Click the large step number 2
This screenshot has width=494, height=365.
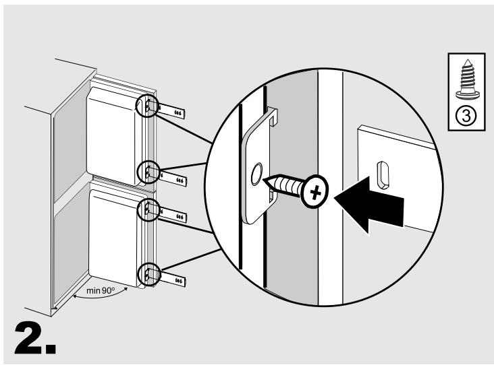pyautogui.click(x=34, y=338)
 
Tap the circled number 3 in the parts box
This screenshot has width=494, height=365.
pyautogui.click(x=466, y=117)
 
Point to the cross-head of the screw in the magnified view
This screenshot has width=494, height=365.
pyautogui.click(x=314, y=191)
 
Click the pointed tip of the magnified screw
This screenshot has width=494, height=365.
pyautogui.click(x=265, y=180)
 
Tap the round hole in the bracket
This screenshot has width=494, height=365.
pyautogui.click(x=256, y=174)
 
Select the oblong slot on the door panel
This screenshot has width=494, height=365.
pyautogui.click(x=383, y=175)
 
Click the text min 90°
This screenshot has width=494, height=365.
pyautogui.click(x=101, y=291)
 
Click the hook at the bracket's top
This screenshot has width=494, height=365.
pyautogui.click(x=273, y=116)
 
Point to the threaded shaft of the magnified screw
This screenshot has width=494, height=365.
pyautogui.click(x=285, y=185)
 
